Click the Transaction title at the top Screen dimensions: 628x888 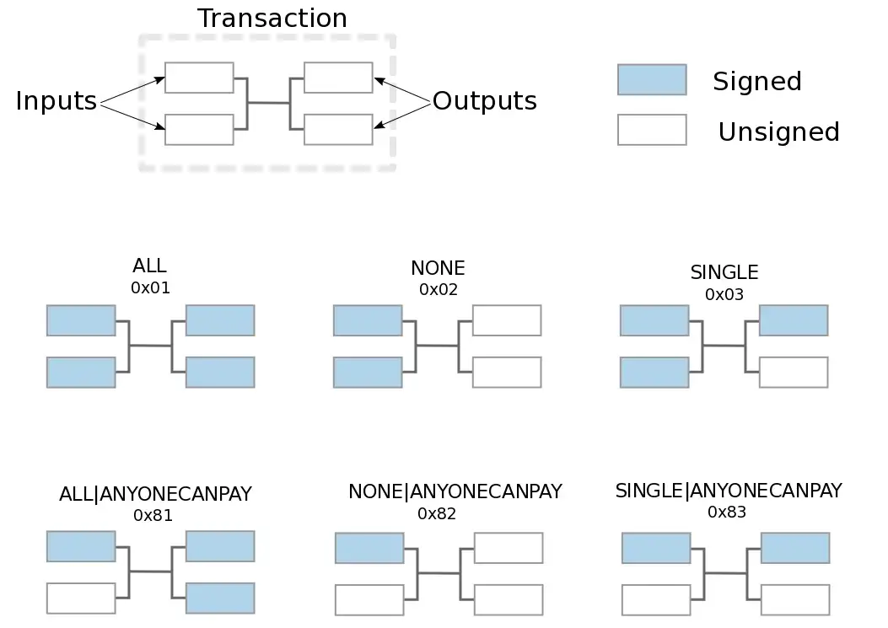(272, 19)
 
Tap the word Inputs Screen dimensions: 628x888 (57, 101)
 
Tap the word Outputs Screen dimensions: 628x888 (484, 101)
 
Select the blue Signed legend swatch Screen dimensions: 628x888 (651, 79)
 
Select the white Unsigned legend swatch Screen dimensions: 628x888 (651, 130)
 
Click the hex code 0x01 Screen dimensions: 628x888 (151, 287)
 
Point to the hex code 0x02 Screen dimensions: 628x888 (439, 289)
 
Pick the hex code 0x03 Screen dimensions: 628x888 (724, 294)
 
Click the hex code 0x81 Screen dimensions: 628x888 (153, 515)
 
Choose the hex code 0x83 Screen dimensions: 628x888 (727, 512)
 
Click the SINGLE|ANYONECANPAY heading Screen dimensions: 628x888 (729, 491)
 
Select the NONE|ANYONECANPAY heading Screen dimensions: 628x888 (455, 491)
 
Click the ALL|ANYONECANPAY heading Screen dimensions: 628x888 (155, 495)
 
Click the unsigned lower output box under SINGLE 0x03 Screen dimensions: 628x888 (793, 373)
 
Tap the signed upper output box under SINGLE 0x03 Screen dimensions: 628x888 (793, 320)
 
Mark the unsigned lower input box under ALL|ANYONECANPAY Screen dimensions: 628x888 (81, 598)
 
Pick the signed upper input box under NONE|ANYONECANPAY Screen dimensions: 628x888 (369, 548)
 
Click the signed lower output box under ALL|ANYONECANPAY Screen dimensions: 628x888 (219, 598)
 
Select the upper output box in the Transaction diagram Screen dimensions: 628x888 (338, 78)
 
